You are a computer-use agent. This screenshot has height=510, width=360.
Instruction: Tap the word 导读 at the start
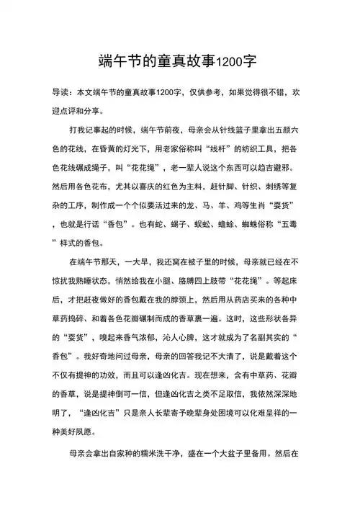60,94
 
